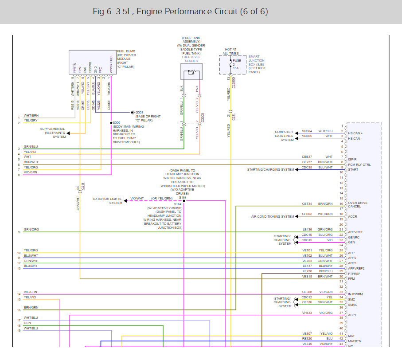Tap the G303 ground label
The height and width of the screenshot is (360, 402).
139,112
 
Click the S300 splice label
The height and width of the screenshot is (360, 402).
116,122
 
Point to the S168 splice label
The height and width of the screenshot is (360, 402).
183,197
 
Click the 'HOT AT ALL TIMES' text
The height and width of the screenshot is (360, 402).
230,51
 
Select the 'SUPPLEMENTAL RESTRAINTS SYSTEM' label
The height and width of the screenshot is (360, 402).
53,133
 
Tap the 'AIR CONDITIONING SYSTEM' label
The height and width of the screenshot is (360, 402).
273,217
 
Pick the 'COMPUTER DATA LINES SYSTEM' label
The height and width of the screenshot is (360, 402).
284,136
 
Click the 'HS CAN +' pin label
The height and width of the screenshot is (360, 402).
355,133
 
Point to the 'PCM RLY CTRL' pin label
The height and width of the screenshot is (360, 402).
359,165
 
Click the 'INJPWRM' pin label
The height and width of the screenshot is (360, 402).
356,294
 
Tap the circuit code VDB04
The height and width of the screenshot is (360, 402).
307,131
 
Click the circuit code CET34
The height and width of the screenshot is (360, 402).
307,204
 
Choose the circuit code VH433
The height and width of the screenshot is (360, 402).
308,313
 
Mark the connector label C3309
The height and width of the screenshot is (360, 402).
203,117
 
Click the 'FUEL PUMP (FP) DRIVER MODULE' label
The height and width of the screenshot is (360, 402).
126,59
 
